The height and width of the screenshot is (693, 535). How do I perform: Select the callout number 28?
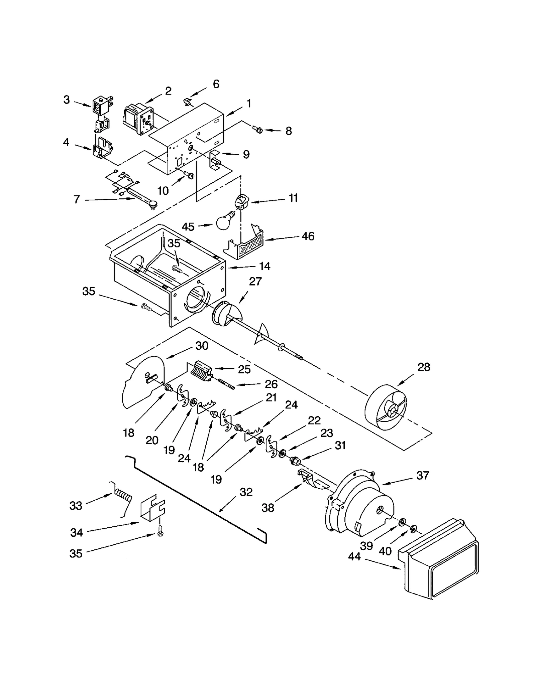424,367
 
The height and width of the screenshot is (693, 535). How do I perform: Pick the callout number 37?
423,475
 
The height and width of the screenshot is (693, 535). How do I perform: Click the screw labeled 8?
257,130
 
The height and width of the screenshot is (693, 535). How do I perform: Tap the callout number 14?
264,266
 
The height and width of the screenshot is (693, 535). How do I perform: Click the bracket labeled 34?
152,509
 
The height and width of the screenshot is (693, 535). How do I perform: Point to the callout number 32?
246,492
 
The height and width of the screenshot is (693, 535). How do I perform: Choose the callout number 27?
255,282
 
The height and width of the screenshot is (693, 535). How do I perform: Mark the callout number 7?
77,199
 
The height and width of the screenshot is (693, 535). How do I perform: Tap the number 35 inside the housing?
174,243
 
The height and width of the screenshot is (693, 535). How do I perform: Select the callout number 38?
268,508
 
